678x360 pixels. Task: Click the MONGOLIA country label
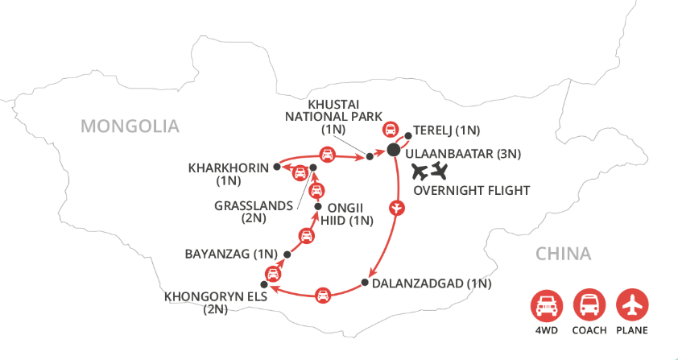coord(129,126)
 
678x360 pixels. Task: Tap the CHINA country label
coord(564,254)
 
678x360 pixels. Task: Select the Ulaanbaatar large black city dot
coord(394,151)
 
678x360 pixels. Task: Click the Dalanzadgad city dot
coord(365,283)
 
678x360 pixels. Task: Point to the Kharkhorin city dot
coord(276,167)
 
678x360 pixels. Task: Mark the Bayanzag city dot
coord(287,254)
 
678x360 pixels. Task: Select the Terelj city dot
coord(408,137)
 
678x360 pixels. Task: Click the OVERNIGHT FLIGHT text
coord(470,191)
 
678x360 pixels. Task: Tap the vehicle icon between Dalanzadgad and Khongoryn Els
coord(322,295)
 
